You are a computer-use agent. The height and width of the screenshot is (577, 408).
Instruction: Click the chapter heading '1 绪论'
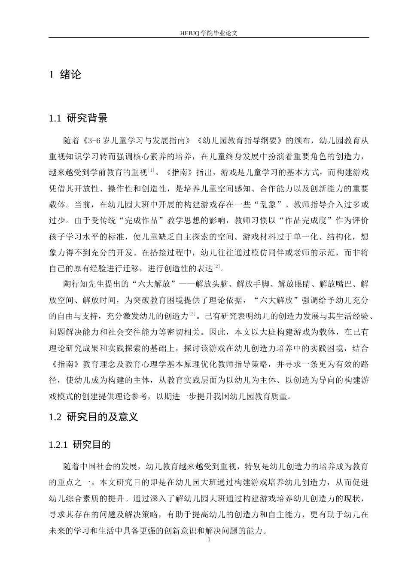[65, 75]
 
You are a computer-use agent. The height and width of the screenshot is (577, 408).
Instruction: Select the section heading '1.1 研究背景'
[78, 118]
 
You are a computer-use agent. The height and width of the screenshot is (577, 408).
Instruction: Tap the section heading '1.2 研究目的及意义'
[94, 416]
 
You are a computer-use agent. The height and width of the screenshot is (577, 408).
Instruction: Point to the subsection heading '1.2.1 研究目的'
[80, 445]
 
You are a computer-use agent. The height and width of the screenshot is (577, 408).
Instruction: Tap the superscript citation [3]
[192, 314]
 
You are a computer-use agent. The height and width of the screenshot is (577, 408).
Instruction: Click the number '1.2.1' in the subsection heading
[58, 445]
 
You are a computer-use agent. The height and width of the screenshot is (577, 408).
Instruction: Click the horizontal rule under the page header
[209, 38]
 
